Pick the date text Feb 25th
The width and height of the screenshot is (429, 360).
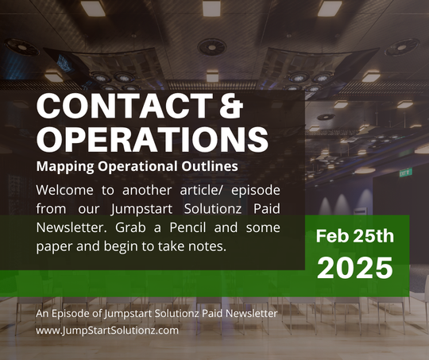click(355, 237)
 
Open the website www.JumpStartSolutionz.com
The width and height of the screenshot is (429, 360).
click(107, 331)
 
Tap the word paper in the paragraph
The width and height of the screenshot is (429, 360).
click(55, 246)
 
